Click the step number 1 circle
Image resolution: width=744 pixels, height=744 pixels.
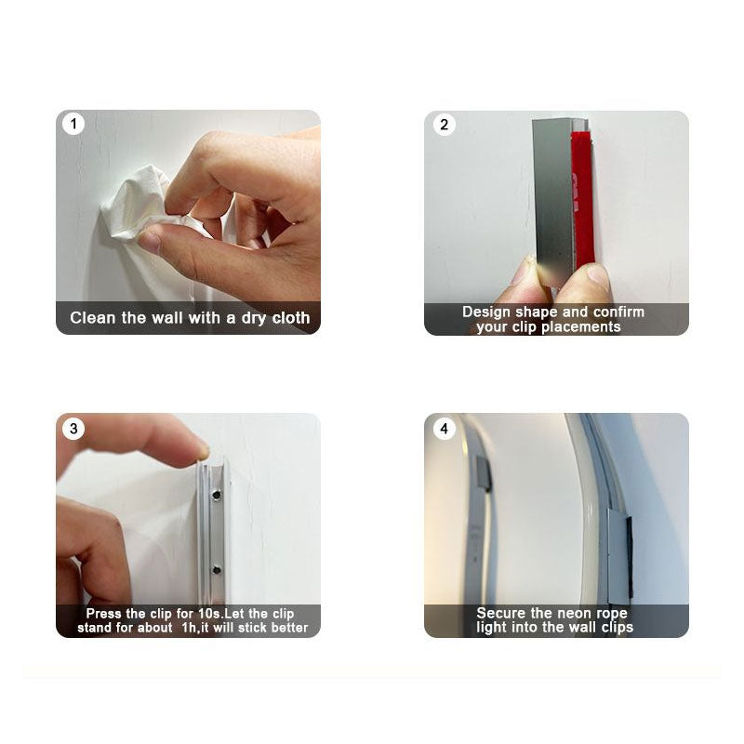click(x=73, y=124)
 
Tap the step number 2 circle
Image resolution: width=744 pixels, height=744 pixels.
click(x=445, y=125)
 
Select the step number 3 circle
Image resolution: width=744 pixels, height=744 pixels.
click(x=73, y=429)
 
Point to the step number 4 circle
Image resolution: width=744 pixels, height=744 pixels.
click(x=445, y=429)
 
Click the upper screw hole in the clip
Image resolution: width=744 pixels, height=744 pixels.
click(x=217, y=495)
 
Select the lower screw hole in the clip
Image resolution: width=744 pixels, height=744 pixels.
click(x=217, y=569)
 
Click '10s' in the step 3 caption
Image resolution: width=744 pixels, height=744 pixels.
click(x=209, y=614)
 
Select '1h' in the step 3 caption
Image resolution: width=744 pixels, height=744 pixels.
click(x=190, y=628)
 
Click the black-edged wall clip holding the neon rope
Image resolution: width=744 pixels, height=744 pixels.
click(x=619, y=555)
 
